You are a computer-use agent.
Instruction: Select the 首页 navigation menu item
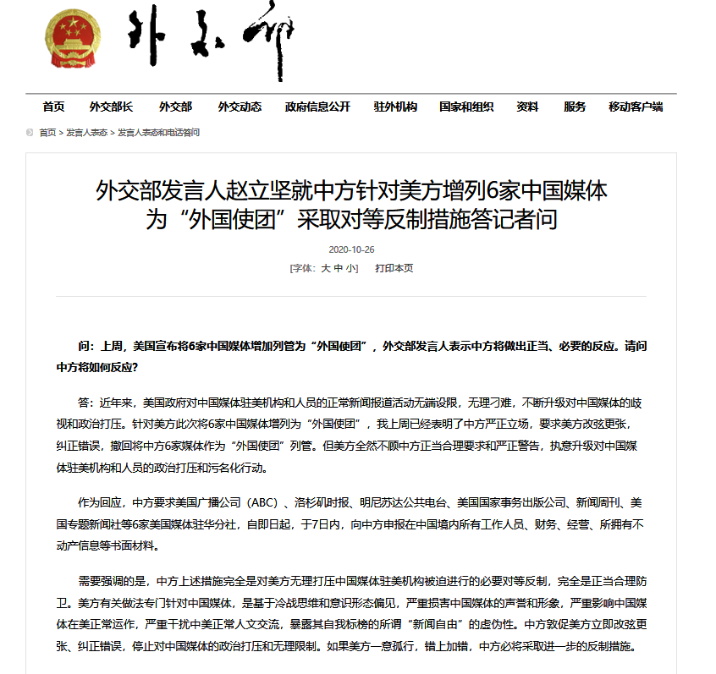tap(53, 107)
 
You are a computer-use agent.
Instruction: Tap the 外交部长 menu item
tap(111, 107)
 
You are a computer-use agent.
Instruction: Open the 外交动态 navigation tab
tap(240, 107)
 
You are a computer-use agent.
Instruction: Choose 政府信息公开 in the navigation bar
tap(317, 107)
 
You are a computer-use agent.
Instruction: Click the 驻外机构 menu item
tap(395, 107)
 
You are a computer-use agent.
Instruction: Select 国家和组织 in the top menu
tap(466, 107)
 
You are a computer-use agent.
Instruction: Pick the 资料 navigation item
tap(527, 107)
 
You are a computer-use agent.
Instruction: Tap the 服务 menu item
tap(575, 107)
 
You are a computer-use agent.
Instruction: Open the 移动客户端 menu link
tap(636, 107)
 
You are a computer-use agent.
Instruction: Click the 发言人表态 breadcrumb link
tap(87, 133)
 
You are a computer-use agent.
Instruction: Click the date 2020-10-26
tap(350, 249)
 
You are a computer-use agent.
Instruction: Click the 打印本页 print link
tap(394, 268)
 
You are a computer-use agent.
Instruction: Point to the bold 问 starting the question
tap(83, 347)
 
